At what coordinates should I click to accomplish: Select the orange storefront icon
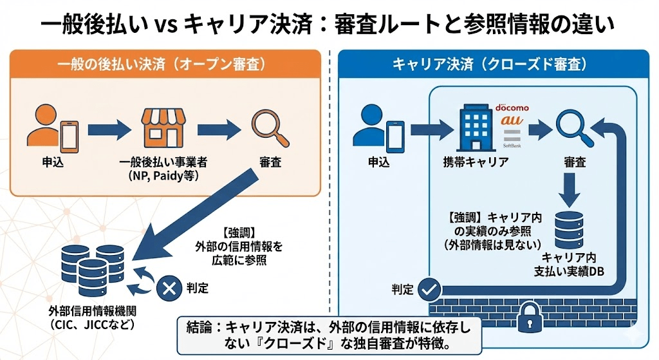click(162, 127)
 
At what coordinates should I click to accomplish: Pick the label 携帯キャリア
click(476, 162)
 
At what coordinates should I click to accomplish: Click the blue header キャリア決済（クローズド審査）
click(489, 64)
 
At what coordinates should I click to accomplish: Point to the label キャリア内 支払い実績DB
click(568, 264)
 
